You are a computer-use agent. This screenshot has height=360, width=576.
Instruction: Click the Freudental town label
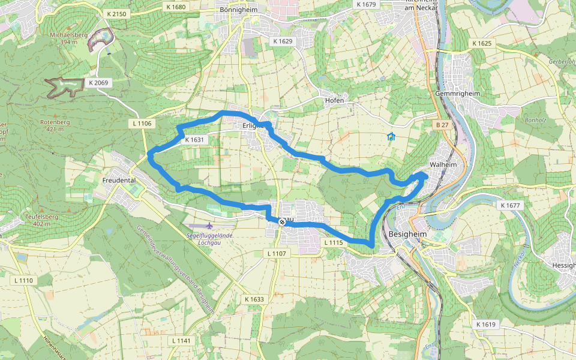tap(119, 179)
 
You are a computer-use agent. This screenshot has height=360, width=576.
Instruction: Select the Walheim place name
tap(443, 164)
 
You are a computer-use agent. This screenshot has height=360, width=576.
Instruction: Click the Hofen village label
tap(334, 100)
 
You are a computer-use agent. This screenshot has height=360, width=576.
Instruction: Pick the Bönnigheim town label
tap(238, 10)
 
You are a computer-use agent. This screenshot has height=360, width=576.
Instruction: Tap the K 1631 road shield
tap(195, 139)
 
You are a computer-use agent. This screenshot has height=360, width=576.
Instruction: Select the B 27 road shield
tap(442, 125)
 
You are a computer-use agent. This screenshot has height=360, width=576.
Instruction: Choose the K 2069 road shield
tap(98, 83)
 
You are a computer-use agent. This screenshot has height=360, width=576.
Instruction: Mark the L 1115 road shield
tap(334, 242)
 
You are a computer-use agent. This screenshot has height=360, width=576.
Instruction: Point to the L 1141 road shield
tap(181, 341)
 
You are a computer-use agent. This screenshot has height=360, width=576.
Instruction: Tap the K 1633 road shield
tap(254, 299)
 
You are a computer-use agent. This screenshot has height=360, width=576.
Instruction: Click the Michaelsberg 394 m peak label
tap(68, 38)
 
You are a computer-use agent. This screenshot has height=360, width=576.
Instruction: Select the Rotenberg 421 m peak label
tap(55, 125)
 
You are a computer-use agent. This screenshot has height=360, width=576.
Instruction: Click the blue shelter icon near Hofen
tap(391, 137)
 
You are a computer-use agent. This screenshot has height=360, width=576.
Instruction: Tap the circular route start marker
tap(281, 222)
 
